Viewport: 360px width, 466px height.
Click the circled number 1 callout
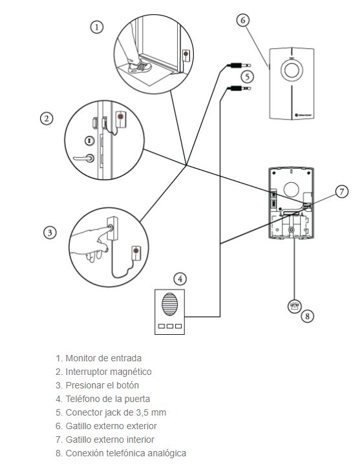(x=96, y=27)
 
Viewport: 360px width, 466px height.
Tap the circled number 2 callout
(x=47, y=118)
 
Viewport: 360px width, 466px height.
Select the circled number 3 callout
(x=50, y=233)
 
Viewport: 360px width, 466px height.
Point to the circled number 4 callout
(x=180, y=279)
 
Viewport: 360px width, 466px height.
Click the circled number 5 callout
(x=248, y=77)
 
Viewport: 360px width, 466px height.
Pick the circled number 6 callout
(x=243, y=20)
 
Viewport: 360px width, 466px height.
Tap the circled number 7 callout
(x=341, y=191)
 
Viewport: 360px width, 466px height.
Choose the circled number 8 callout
(x=308, y=315)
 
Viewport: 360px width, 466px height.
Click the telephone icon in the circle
(x=295, y=306)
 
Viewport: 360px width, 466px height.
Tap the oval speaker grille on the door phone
(x=170, y=304)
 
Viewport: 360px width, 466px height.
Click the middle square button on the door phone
(x=170, y=326)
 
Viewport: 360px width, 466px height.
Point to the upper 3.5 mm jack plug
(x=239, y=65)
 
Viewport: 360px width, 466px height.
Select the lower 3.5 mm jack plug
(x=239, y=88)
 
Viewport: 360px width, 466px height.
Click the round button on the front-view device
(x=291, y=70)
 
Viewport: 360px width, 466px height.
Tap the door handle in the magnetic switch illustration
(x=84, y=158)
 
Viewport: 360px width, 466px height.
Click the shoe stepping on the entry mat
(x=140, y=67)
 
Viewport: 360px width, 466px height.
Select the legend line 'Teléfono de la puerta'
(x=103, y=399)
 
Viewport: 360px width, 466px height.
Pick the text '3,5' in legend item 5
(x=142, y=412)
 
